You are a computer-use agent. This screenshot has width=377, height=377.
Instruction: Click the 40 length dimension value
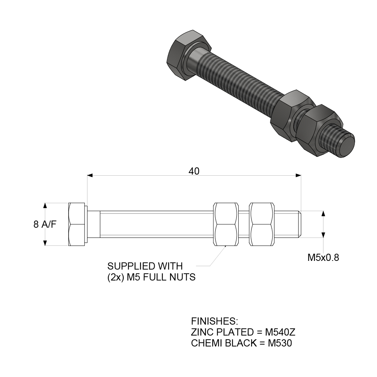coord(194,171)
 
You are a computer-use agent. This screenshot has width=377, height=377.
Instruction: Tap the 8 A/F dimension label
coord(45,225)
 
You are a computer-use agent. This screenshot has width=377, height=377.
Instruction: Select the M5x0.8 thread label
coord(323,258)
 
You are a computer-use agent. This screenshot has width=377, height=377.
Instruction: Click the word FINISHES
coord(215,322)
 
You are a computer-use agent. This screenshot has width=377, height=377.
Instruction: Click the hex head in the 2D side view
coord(77,224)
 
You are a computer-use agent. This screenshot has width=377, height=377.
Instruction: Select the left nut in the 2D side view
coord(226,224)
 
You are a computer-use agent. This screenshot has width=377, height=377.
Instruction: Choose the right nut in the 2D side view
coord(262,224)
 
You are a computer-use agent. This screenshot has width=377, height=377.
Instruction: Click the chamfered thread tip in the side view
coord(300,224)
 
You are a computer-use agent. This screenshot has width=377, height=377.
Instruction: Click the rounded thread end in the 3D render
coord(346,146)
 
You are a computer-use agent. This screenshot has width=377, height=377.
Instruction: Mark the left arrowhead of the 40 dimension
coord(90,175)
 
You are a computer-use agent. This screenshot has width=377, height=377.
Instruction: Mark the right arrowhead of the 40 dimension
coord(299,175)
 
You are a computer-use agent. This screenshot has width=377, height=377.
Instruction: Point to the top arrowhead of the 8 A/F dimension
coord(45,205)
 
